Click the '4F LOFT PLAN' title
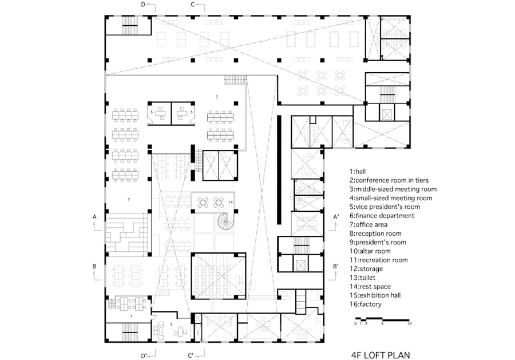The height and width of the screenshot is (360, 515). [x=381, y=355]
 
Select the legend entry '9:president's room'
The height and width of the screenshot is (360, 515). [x=378, y=243]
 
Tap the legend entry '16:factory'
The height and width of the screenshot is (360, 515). [x=366, y=304]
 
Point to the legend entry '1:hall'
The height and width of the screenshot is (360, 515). [x=358, y=172]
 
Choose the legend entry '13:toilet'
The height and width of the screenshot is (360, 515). [x=363, y=278]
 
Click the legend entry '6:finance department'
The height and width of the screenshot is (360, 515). [x=382, y=216]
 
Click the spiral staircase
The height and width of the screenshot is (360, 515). [x=225, y=221]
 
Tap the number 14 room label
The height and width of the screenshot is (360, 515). [x=231, y=202]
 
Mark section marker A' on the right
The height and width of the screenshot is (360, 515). [x=336, y=217]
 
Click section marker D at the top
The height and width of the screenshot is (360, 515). [x=143, y=5]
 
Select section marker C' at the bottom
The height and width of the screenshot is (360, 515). [x=191, y=356]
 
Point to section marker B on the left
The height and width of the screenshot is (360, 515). [x=94, y=266]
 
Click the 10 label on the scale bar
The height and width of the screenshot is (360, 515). [x=409, y=323]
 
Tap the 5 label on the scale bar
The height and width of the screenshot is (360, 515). [x=382, y=323]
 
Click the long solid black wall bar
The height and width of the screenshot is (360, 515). [x=279, y=169]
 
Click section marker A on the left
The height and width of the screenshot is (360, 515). [x=94, y=217]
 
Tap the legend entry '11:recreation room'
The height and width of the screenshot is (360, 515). [x=378, y=260]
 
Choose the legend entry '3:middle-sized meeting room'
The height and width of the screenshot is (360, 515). [x=393, y=189]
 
